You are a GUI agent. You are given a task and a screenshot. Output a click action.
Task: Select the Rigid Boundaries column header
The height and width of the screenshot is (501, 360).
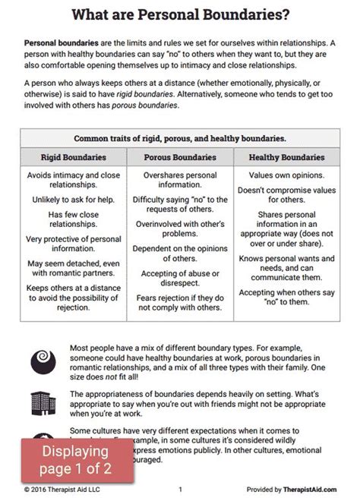coord(73,157)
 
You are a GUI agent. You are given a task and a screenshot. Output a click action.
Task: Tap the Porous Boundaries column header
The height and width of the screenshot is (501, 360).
coord(180,157)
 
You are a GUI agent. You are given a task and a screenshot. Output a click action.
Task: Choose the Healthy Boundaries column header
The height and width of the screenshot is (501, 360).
coord(286,157)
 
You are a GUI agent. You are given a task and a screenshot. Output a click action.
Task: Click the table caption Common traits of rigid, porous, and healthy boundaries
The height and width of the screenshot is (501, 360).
coord(180,139)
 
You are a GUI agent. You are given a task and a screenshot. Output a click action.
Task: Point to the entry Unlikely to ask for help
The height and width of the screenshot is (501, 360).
coord(73,198)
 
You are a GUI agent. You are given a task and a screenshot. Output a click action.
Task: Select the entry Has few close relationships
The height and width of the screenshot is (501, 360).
coord(73,220)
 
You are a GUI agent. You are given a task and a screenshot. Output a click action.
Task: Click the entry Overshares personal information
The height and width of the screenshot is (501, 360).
coord(180,181)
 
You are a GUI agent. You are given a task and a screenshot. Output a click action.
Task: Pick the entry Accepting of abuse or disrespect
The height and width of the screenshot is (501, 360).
coord(180,280)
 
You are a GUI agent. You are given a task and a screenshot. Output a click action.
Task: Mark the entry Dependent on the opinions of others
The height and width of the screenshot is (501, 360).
coord(180,253)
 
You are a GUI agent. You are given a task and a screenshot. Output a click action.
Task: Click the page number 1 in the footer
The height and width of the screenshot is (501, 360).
coord(180,490)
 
